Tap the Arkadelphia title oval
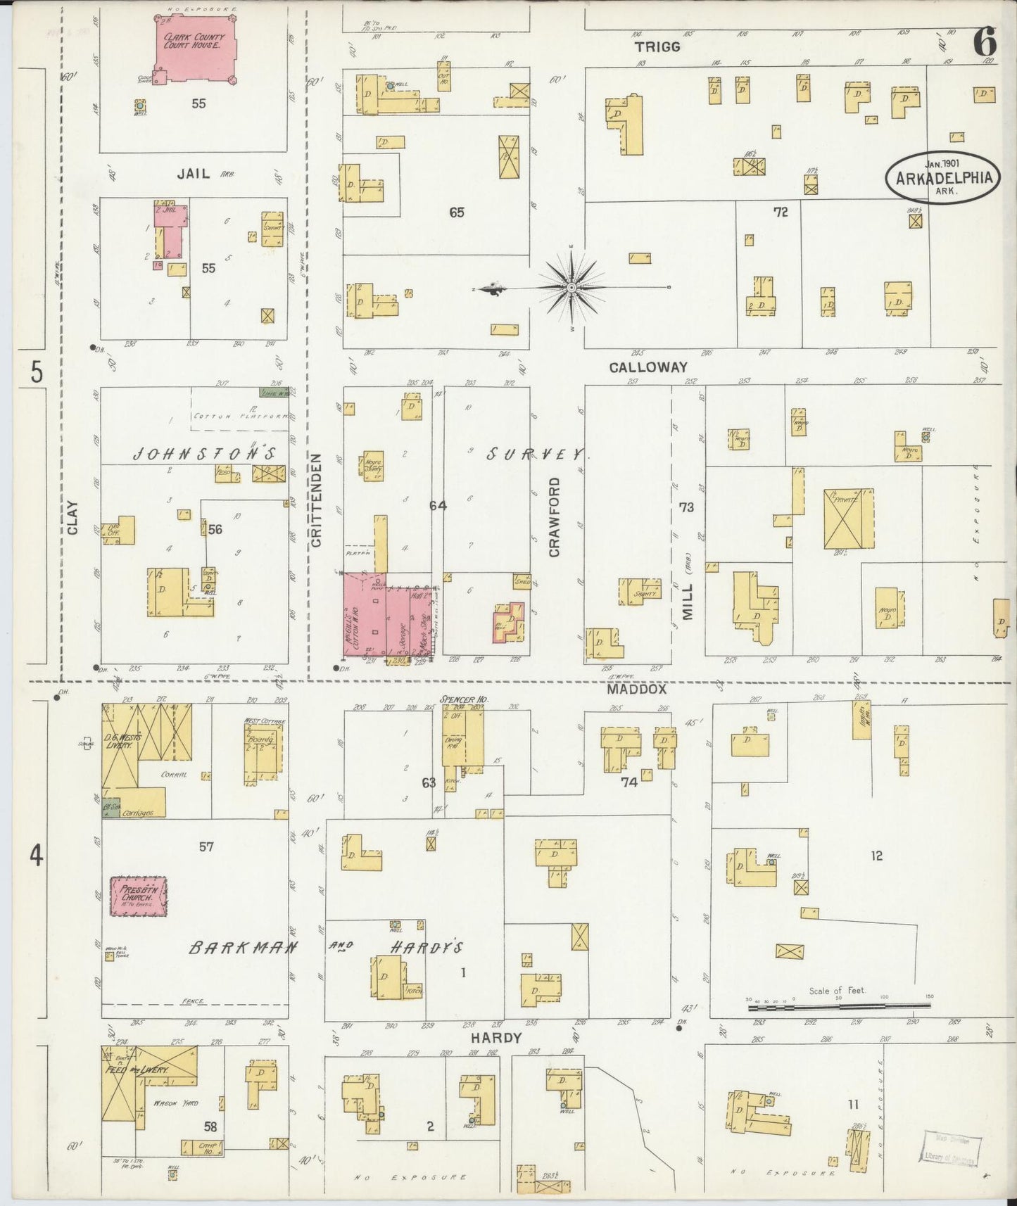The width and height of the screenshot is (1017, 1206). pyautogui.click(x=943, y=177)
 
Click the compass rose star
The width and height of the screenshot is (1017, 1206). pyautogui.click(x=572, y=288)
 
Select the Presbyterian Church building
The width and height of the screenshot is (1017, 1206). pyautogui.click(x=138, y=896)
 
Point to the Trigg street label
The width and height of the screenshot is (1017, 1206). pyautogui.click(x=657, y=46)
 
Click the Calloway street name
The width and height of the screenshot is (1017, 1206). pyautogui.click(x=648, y=367)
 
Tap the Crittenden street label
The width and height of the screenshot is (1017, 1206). pyautogui.click(x=316, y=500)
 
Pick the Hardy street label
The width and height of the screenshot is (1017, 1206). pyautogui.click(x=496, y=1037)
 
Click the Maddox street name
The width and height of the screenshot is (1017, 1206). pyautogui.click(x=627, y=690)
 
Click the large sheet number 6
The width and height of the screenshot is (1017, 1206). pyautogui.click(x=983, y=44)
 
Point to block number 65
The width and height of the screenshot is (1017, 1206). pyautogui.click(x=457, y=212)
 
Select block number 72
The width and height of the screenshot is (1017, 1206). pyautogui.click(x=780, y=212)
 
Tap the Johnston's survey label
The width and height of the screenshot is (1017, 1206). pyautogui.click(x=203, y=455)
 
